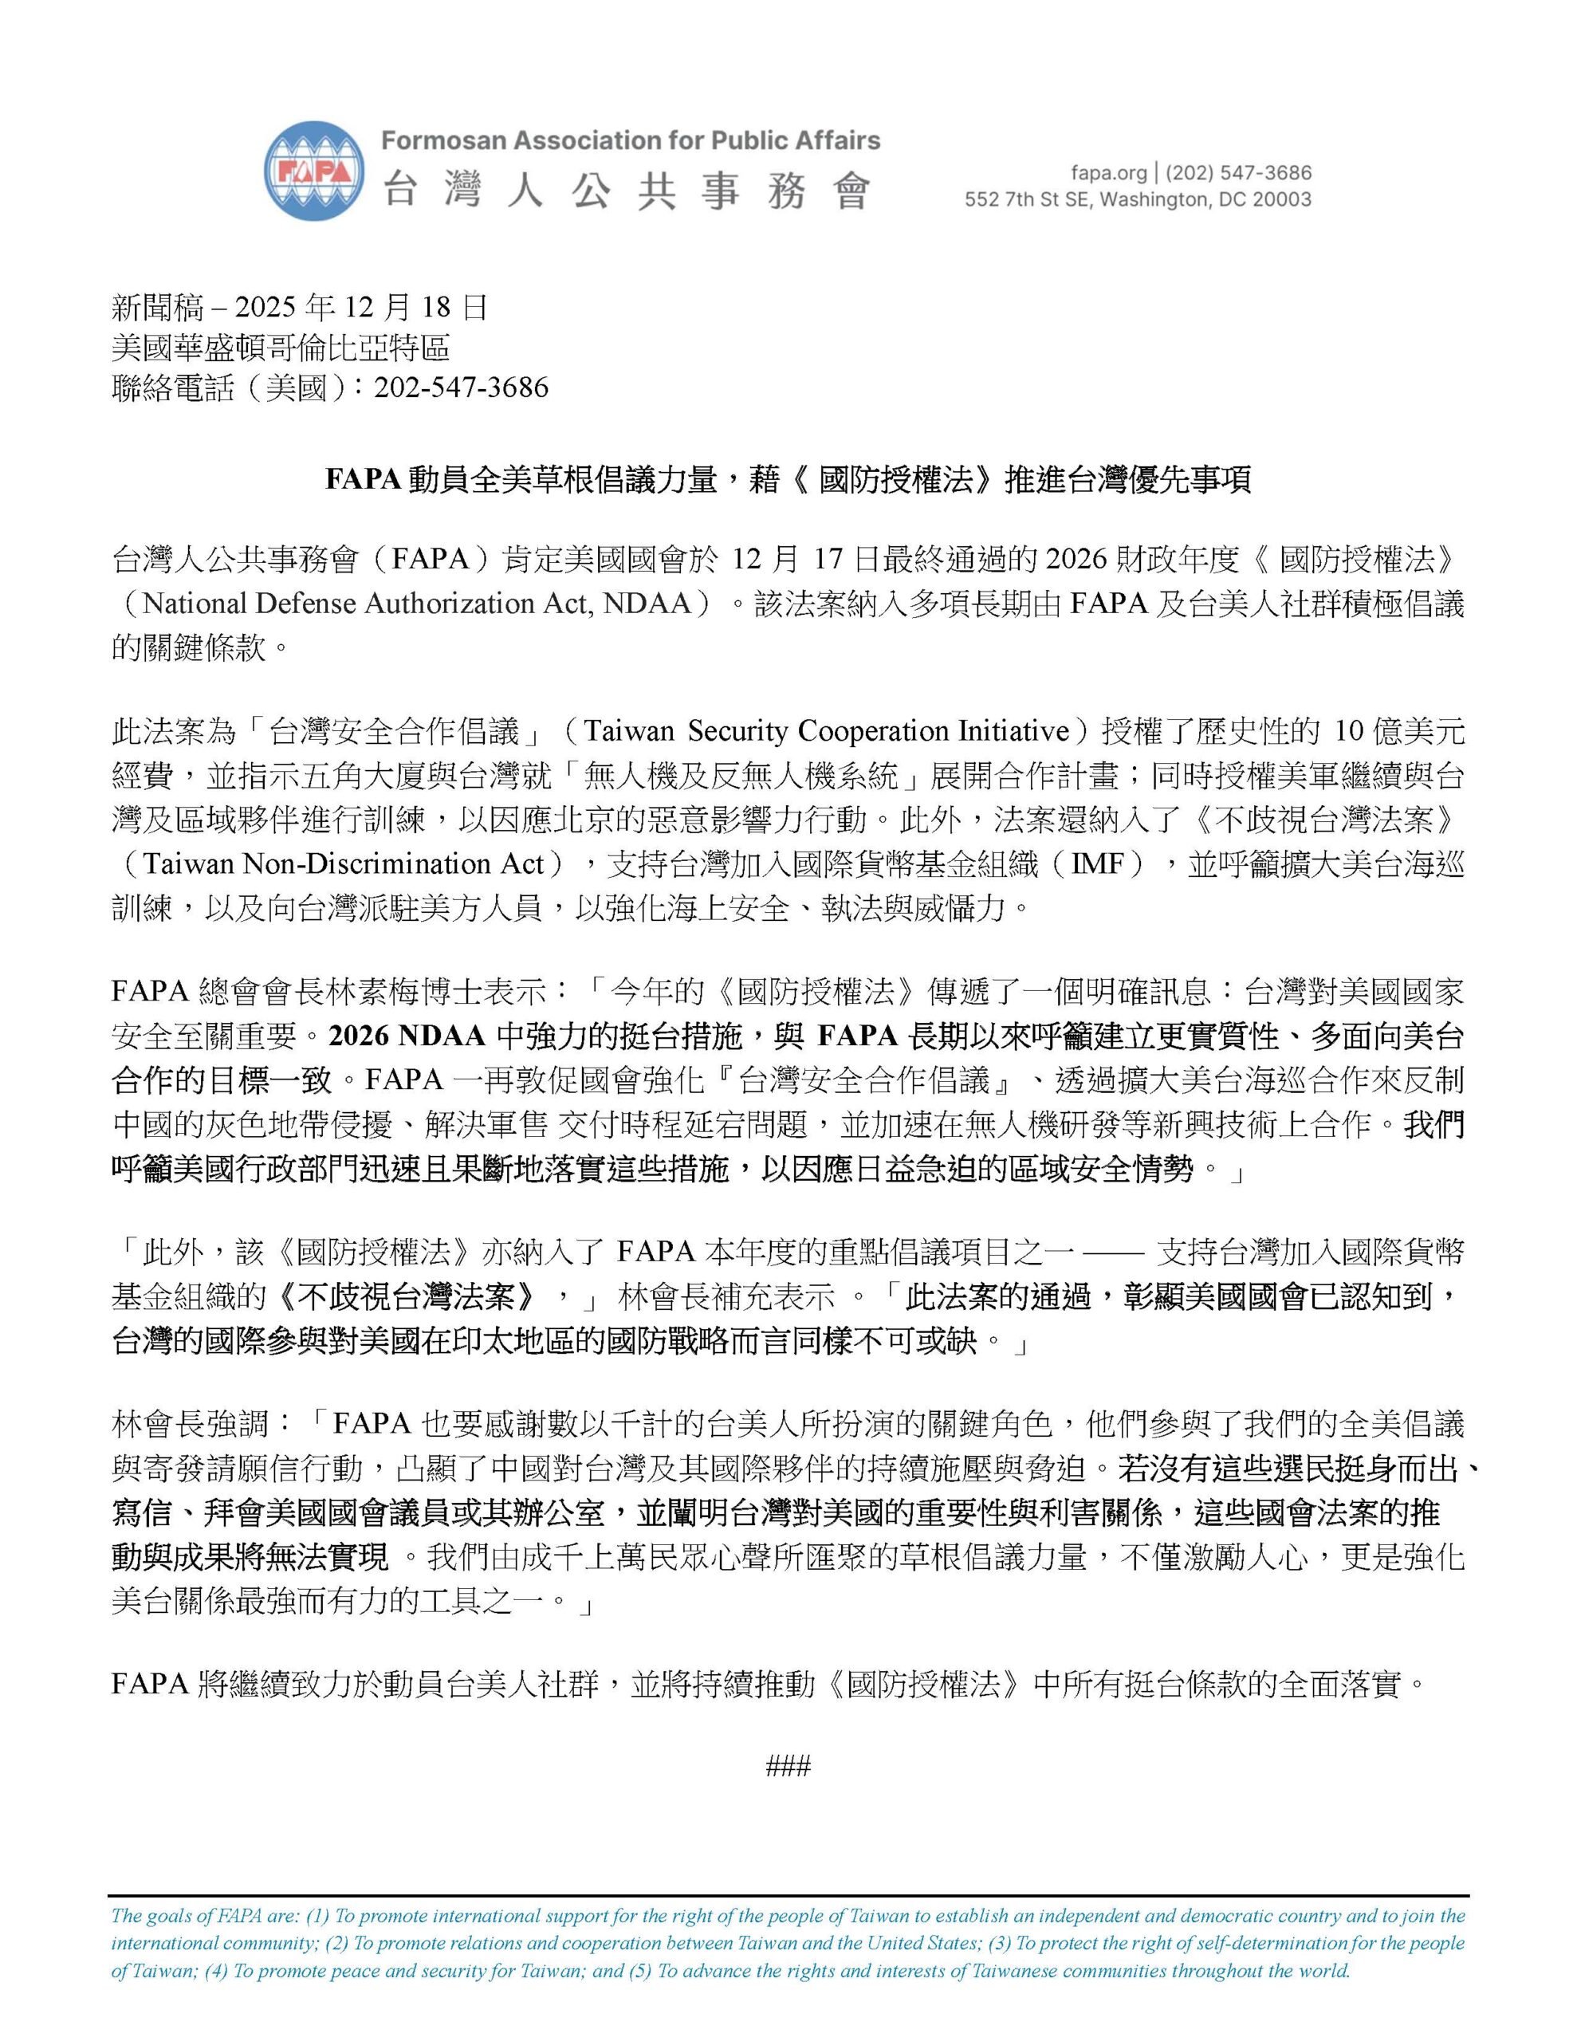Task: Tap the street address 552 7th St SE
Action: pyautogui.click(x=1028, y=199)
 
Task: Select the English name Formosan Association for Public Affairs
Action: pyautogui.click(x=630, y=141)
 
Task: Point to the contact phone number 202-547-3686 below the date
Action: pyautogui.click(x=461, y=387)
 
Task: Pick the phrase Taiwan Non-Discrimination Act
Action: pyautogui.click(x=342, y=863)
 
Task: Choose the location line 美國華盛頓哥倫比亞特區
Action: pyautogui.click(x=281, y=348)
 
